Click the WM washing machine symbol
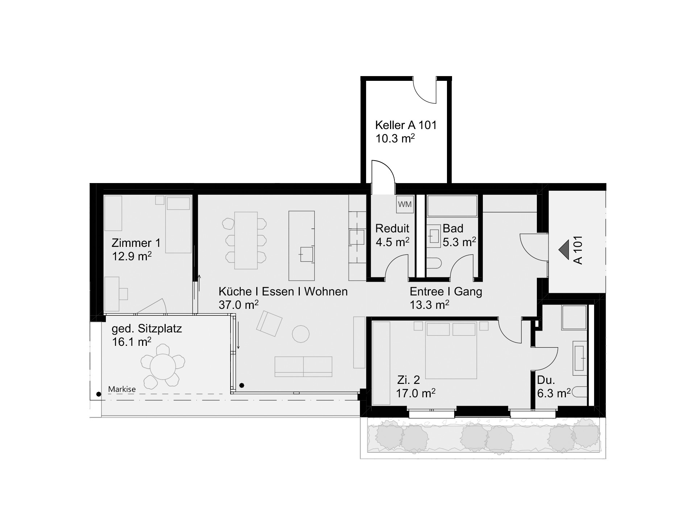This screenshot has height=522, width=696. [x=405, y=204]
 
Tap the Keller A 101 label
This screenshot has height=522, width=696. [x=406, y=125]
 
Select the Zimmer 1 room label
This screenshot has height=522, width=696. [x=136, y=243]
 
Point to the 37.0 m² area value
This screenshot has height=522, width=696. [x=239, y=304]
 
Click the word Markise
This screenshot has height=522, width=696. [x=122, y=389]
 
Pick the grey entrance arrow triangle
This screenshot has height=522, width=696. [x=564, y=250]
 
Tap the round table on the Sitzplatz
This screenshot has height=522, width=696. [x=163, y=366]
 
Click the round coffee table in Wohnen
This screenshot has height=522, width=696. [x=301, y=334]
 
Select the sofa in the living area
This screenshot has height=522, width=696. [x=303, y=366]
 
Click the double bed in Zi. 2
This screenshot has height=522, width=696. [x=451, y=350]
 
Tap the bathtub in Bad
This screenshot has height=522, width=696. [x=452, y=206]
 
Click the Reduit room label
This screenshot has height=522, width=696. [x=392, y=228]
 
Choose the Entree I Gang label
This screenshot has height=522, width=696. [x=446, y=291]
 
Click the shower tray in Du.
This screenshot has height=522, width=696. [x=574, y=318]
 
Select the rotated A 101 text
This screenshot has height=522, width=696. [x=578, y=250]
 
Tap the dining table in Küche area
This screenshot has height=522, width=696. [x=246, y=240]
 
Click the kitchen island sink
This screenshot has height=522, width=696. [x=306, y=255]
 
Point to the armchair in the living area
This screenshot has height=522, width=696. [x=269, y=323]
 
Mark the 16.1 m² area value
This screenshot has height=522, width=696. [x=132, y=341]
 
